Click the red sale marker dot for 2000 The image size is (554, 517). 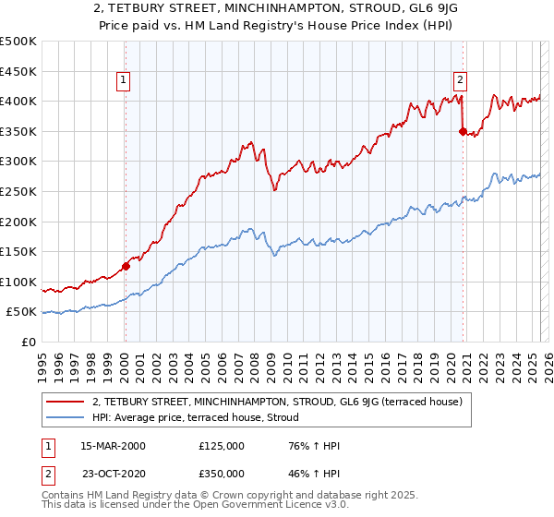point(126,266)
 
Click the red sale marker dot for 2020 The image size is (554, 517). point(463,131)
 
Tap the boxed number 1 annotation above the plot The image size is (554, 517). point(125,80)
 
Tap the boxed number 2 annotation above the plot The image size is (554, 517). point(460,80)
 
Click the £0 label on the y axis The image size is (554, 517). point(28,342)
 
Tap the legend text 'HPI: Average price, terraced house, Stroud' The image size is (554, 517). point(195,417)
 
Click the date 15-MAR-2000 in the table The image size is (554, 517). point(113,445)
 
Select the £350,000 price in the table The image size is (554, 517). point(221,473)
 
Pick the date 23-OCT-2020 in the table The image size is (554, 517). point(113,473)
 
